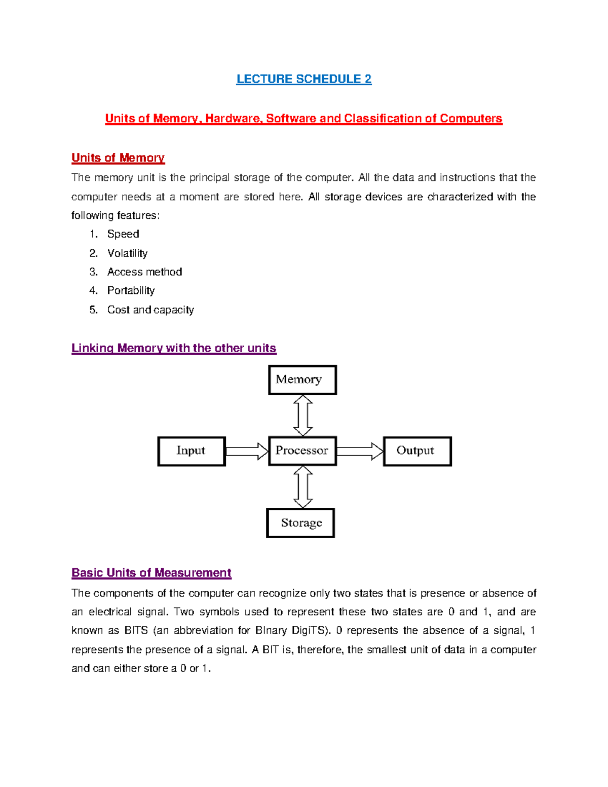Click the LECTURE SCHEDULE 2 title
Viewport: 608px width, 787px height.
click(304, 79)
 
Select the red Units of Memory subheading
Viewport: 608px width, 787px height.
click(118, 158)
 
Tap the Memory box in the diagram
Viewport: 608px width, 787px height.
click(302, 380)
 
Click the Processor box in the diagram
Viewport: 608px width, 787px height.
click(302, 451)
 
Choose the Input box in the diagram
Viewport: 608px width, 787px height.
click(192, 451)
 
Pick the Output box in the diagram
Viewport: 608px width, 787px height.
click(417, 451)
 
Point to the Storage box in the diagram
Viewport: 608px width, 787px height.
click(300, 522)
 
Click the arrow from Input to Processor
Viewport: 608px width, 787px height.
click(247, 451)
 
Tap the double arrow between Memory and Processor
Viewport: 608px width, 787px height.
click(303, 416)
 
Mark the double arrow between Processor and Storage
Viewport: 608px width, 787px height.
click(303, 487)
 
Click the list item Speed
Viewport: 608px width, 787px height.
click(123, 234)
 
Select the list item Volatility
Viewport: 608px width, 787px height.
click(127, 253)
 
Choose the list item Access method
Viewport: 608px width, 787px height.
click(144, 272)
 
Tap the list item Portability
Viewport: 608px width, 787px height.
click(131, 291)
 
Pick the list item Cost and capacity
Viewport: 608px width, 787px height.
click(150, 310)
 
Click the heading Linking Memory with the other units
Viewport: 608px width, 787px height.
click(174, 348)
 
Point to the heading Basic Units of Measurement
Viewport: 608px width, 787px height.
click(151, 573)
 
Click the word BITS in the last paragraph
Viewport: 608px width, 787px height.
click(136, 631)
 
